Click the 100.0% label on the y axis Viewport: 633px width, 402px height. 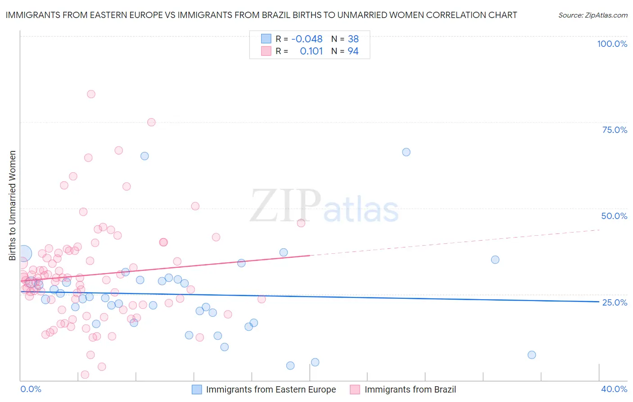point(612,44)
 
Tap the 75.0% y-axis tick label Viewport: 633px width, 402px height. point(615,130)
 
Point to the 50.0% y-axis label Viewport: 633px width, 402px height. point(614,216)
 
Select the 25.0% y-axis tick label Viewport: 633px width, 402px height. point(615,302)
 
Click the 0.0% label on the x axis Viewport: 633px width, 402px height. point(31,389)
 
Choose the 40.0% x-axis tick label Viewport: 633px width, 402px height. point(614,389)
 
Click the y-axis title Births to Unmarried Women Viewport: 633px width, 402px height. point(12,206)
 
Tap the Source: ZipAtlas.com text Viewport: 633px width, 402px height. point(592,15)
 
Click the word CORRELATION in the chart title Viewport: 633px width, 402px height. point(453,15)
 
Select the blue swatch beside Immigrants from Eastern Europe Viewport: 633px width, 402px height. point(197,389)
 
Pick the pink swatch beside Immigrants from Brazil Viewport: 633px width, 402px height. point(355,389)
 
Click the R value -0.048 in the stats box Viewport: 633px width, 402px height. point(307,39)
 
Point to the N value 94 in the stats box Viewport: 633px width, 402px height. point(353,51)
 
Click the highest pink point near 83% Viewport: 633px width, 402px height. point(91,94)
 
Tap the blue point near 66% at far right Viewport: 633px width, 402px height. point(406,152)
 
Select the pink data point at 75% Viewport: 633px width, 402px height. point(151,122)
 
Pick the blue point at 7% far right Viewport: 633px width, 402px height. point(532,355)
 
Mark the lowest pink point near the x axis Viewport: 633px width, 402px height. point(85,375)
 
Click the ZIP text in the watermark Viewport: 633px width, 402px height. point(285,206)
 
